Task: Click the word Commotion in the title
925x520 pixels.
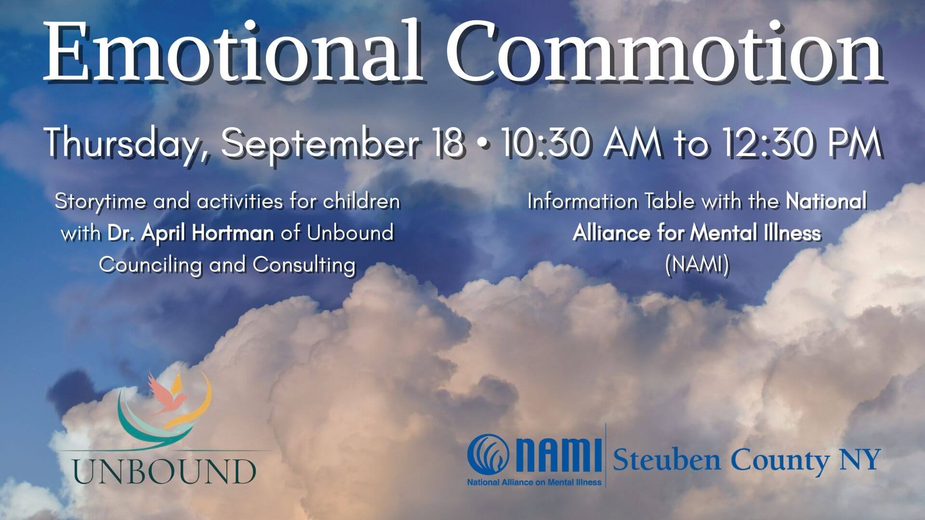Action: pos(665,52)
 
